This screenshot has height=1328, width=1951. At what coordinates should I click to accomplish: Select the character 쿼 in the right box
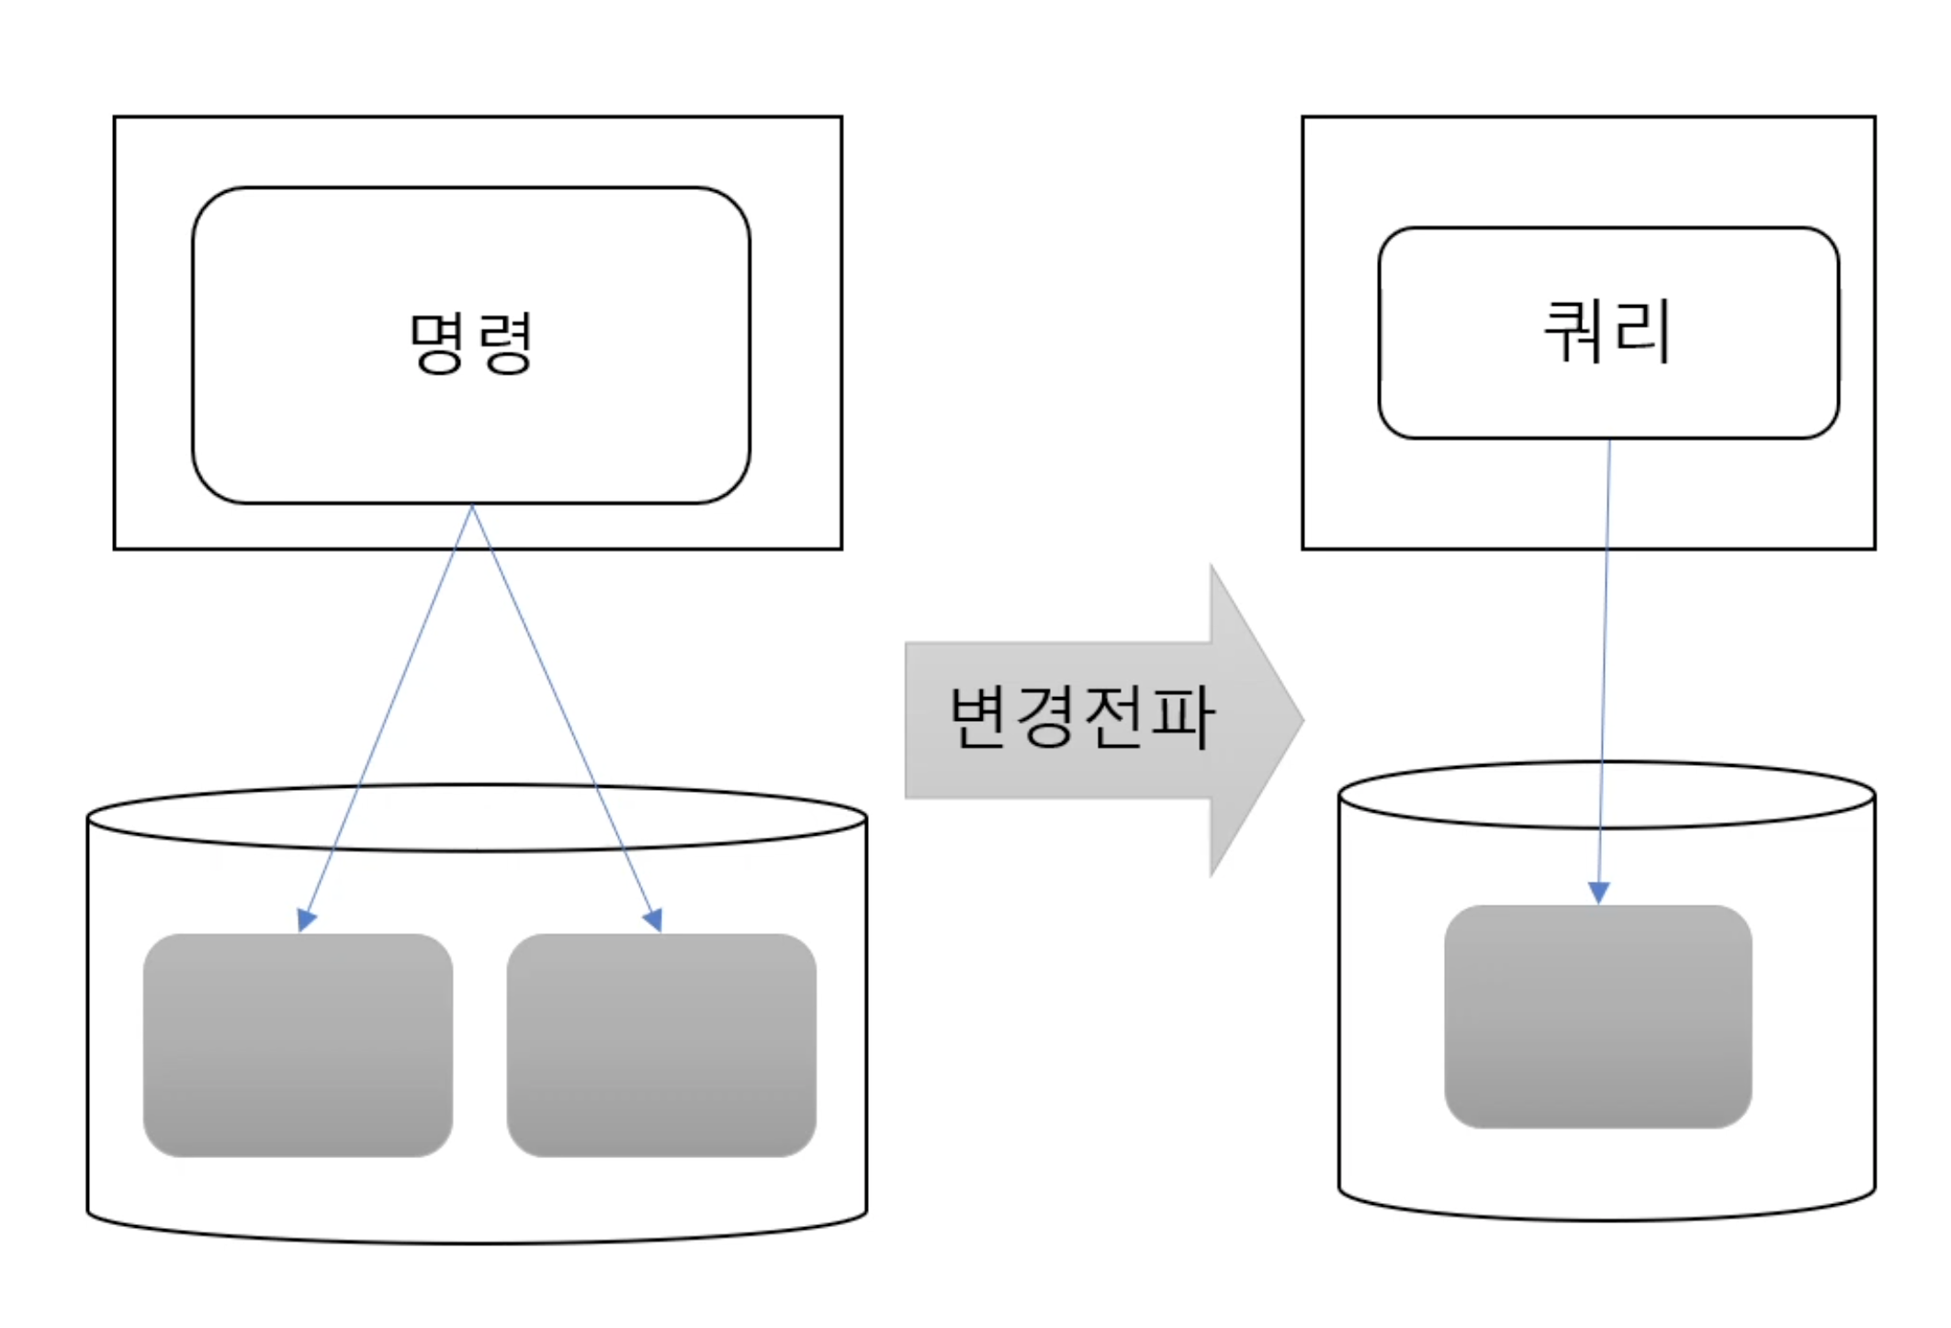[1574, 332]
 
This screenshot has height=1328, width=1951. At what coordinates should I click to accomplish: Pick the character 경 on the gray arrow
[1048, 717]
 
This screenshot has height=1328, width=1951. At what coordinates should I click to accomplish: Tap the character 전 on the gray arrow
[1115, 717]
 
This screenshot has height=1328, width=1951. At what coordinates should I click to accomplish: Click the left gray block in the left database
[298, 1045]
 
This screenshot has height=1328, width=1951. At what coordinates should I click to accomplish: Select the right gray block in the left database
[661, 1045]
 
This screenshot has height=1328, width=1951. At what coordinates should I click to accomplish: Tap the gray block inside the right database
[1598, 1017]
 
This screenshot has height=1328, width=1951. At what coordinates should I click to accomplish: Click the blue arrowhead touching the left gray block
[306, 919]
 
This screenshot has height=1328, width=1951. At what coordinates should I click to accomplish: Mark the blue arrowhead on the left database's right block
[653, 919]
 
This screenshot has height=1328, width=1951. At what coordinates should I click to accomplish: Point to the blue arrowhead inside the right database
[1599, 892]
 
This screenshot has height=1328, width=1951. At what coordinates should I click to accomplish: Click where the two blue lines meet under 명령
[472, 506]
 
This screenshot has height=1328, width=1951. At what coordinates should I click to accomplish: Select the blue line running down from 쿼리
[1606, 643]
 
